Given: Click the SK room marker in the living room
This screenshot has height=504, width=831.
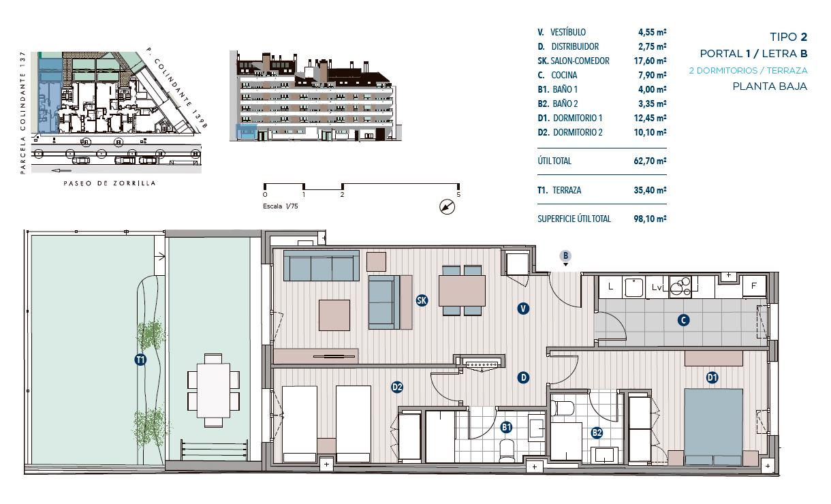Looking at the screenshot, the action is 422,300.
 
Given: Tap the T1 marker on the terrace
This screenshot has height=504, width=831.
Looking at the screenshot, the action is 140,360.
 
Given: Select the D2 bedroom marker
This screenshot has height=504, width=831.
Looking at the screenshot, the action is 397,388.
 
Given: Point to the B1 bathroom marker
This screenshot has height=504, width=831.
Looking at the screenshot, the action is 506,428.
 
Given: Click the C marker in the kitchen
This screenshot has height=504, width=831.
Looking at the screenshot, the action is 683,320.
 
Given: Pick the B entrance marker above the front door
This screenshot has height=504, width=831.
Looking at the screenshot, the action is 565,255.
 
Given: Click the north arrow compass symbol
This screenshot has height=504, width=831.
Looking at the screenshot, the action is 447,206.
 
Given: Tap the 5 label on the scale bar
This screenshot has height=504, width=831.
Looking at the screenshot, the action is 458,194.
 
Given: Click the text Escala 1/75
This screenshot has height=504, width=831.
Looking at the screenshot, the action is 280,206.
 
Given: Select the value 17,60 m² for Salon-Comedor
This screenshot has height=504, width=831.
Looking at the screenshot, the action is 650,61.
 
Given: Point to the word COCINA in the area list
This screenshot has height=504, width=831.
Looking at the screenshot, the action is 564,76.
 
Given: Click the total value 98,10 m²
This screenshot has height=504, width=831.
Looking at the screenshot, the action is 650,219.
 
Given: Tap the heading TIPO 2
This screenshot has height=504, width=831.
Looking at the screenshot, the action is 788,37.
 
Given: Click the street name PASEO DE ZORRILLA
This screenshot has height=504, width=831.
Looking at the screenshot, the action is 110,183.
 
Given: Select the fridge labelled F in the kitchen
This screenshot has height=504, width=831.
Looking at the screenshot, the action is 754,286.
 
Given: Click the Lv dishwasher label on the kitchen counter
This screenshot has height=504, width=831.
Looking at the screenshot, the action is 657,287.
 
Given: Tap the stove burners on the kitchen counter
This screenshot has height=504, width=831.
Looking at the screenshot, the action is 680,287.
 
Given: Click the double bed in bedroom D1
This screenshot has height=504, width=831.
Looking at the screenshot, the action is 713,426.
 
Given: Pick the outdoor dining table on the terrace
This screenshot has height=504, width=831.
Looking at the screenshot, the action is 213,390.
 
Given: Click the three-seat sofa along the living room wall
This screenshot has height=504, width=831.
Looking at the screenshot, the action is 322,266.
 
